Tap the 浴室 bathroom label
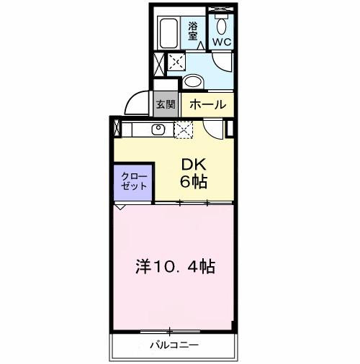coord(194,32)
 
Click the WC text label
coord(221,42)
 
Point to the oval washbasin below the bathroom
coord(192,80)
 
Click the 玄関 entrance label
coord(166,104)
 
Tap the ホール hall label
coord(207,104)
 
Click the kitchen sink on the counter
coord(158,130)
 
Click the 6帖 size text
coord(193,182)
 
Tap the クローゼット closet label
coord(132,181)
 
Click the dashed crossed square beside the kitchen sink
coord(184,130)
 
